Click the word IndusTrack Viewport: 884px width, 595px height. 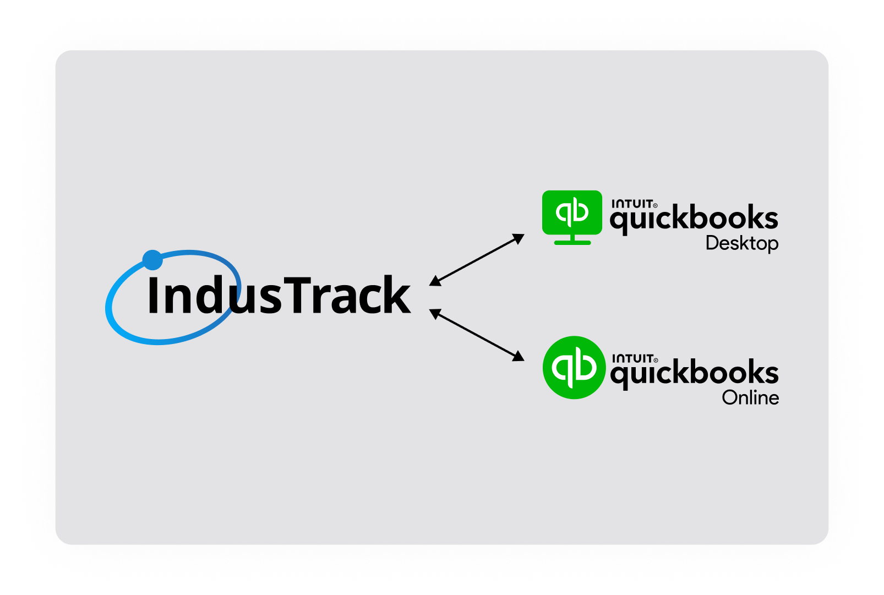(x=279, y=296)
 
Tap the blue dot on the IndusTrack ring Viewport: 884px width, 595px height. (x=152, y=260)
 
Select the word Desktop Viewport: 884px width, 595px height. (x=741, y=243)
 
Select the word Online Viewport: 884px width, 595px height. (x=750, y=397)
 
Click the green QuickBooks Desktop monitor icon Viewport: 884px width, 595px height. (x=572, y=216)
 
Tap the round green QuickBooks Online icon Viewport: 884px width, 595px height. (x=574, y=367)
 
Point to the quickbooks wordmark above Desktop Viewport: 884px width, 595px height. (x=694, y=219)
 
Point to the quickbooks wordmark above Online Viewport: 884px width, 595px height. (x=694, y=374)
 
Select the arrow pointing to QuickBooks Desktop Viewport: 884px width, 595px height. (x=477, y=260)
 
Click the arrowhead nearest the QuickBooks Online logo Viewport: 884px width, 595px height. (x=519, y=357)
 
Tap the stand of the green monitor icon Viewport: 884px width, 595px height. (x=572, y=241)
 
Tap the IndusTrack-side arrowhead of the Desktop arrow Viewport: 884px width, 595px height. (x=435, y=281)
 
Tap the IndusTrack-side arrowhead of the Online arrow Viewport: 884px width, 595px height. (x=435, y=313)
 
